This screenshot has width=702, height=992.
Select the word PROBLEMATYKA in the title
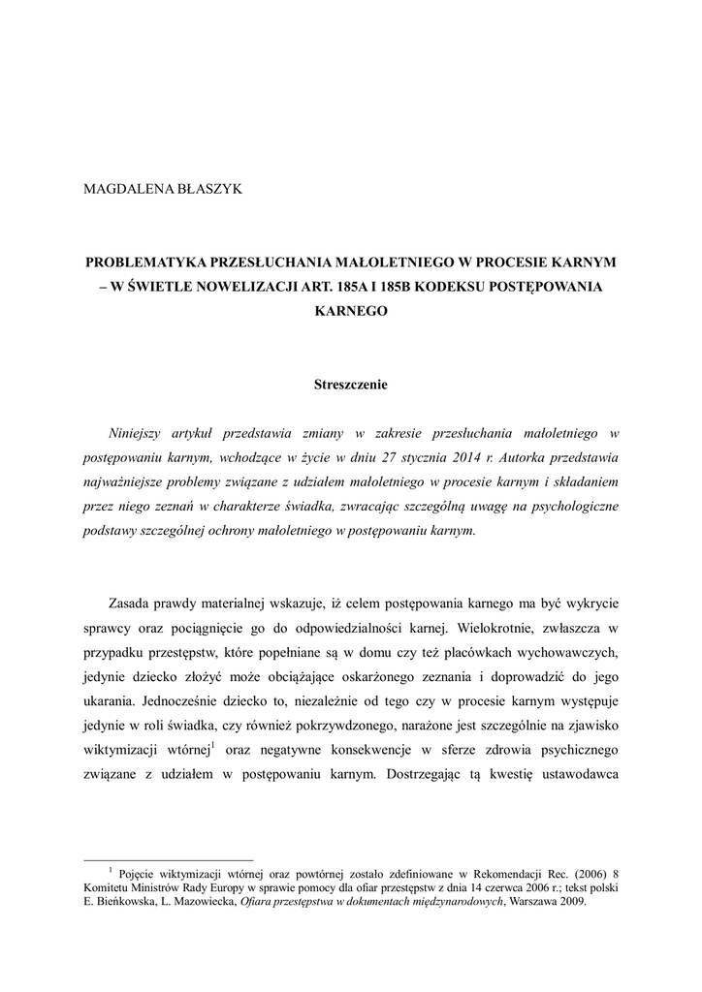144,263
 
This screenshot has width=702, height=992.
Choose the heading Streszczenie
350,385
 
